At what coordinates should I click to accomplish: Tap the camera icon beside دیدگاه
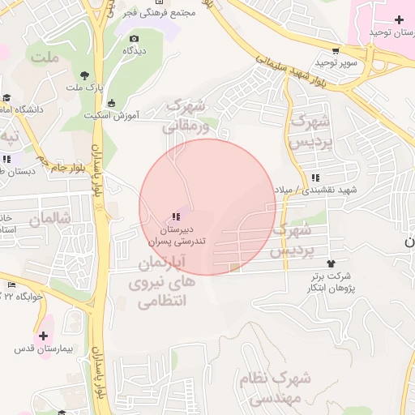[x=134, y=38]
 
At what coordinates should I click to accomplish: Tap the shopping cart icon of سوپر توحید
[x=336, y=50]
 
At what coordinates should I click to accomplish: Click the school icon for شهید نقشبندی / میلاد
[x=314, y=178]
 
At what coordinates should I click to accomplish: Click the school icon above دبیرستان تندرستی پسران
[x=175, y=216]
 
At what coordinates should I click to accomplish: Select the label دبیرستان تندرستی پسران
[x=176, y=236]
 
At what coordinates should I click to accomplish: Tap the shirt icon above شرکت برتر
[x=330, y=263]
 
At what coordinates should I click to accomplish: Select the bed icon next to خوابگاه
[x=11, y=285]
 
